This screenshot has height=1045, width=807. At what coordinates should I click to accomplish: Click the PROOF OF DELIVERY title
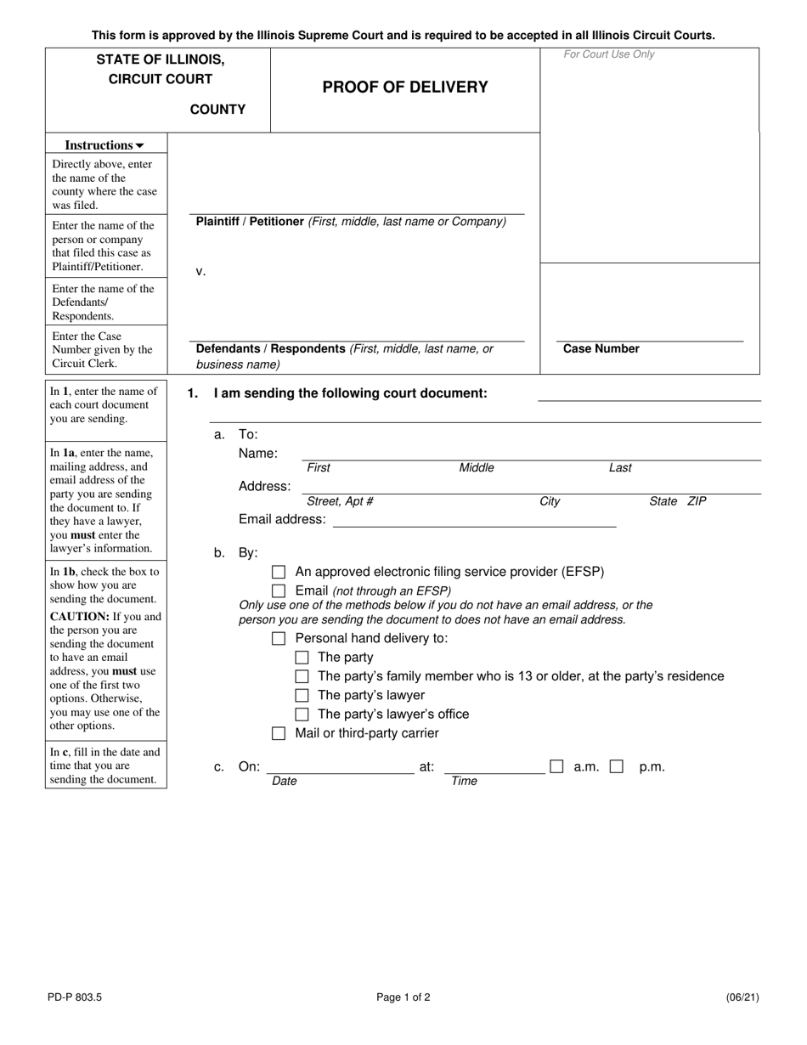[x=405, y=87]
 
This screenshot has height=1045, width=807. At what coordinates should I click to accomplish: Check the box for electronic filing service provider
[x=279, y=573]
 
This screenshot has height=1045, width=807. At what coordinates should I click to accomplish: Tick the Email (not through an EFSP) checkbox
[x=279, y=591]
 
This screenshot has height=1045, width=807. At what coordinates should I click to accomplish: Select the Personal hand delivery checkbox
[x=279, y=639]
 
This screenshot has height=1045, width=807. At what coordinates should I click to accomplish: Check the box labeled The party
[x=302, y=658]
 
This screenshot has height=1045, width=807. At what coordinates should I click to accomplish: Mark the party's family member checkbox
[x=302, y=676]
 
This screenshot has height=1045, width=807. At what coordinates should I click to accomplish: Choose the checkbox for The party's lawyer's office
[x=302, y=715]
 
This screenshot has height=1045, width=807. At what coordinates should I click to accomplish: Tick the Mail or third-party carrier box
[x=279, y=733]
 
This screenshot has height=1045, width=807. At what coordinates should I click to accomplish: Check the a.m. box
[x=556, y=766]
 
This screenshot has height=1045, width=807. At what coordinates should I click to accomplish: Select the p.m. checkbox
[x=617, y=766]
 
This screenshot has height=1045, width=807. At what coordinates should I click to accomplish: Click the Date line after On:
[x=341, y=767]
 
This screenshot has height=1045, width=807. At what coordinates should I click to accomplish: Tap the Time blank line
[x=494, y=767]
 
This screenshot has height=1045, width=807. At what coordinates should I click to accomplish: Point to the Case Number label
[x=601, y=348]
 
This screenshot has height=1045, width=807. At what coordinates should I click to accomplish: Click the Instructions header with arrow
[x=105, y=145]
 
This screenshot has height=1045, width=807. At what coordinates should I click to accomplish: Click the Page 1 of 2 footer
[x=403, y=997]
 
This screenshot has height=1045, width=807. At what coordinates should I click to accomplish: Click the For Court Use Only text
[x=609, y=54]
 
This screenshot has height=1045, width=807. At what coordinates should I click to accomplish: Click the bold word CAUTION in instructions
[x=81, y=616]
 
